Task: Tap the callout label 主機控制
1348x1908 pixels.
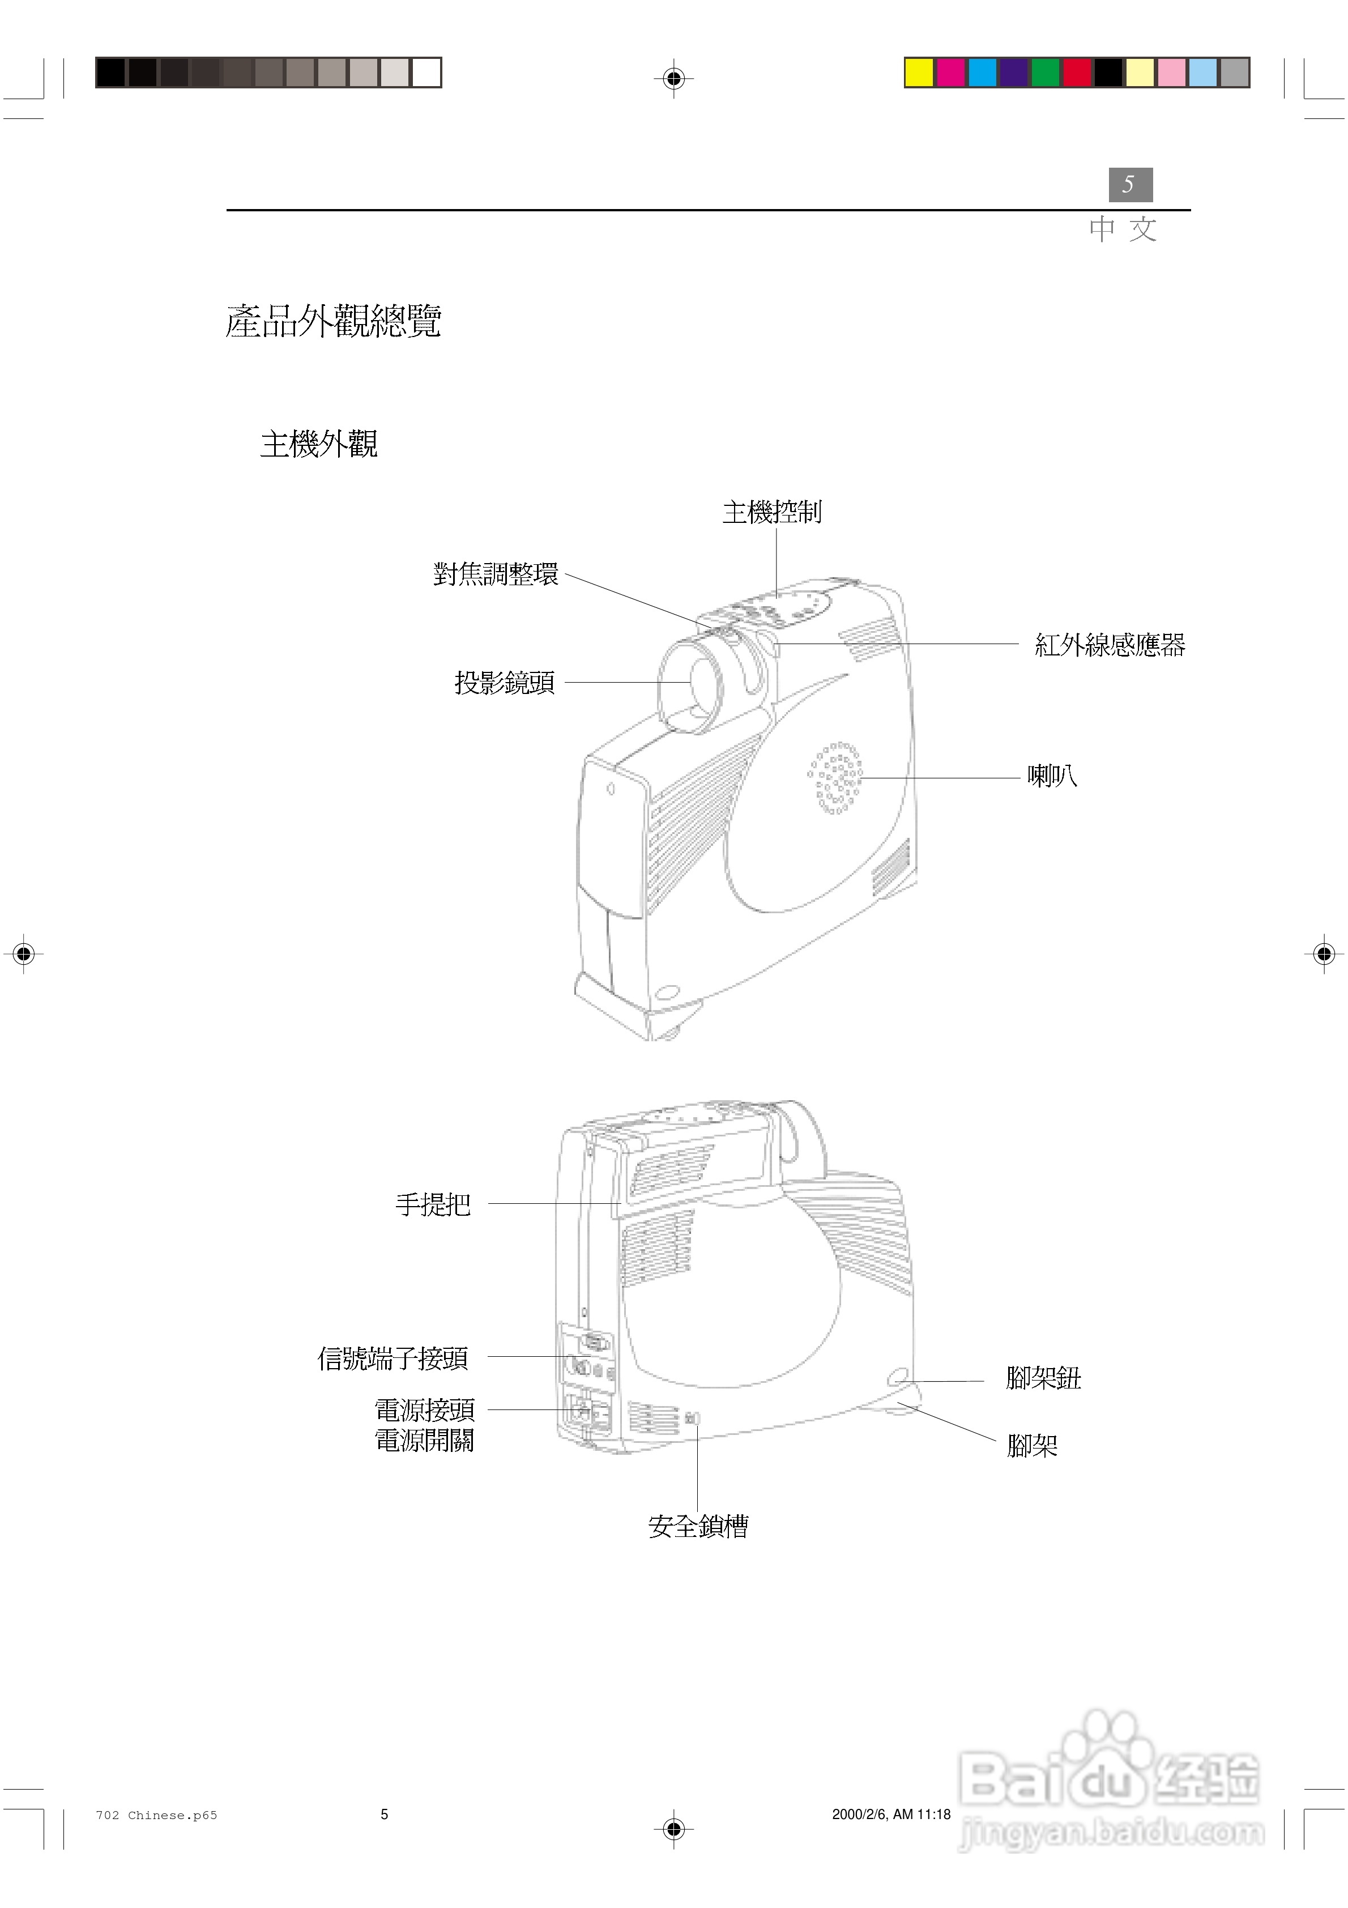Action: click(772, 513)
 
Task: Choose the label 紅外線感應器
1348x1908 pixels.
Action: click(1110, 645)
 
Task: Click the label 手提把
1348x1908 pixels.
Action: click(433, 1204)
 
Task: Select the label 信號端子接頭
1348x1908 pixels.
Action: click(393, 1358)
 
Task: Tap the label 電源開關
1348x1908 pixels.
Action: click(425, 1440)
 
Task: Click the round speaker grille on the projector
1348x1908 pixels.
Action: click(835, 778)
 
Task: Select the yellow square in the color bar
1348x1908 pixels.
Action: click(919, 73)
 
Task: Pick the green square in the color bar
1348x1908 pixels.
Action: click(1046, 73)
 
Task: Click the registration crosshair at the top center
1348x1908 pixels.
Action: click(674, 79)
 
